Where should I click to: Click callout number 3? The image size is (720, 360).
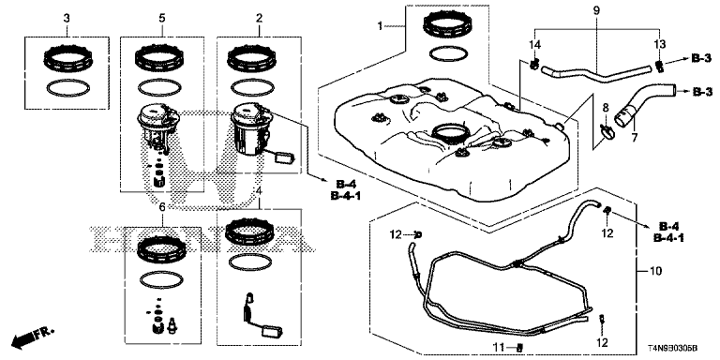click(67, 19)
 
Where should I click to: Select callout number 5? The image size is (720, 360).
click(162, 19)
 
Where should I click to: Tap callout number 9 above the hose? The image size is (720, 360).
click(596, 10)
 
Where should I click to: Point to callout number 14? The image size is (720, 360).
click(535, 45)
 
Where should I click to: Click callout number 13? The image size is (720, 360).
click(659, 44)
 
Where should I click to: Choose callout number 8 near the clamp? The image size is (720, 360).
click(606, 109)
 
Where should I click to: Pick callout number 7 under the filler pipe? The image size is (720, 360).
click(635, 136)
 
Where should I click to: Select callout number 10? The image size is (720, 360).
click(656, 271)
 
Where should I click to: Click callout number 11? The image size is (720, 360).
click(504, 347)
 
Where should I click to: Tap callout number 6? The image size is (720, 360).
click(162, 207)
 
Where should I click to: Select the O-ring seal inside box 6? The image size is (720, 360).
click(161, 278)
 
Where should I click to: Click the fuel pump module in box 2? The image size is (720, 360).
click(250, 130)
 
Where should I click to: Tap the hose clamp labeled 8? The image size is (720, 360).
click(606, 132)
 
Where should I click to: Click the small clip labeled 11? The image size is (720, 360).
click(519, 347)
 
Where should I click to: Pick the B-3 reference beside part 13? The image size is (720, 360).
click(701, 58)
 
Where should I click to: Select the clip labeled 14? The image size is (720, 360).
click(533, 65)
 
